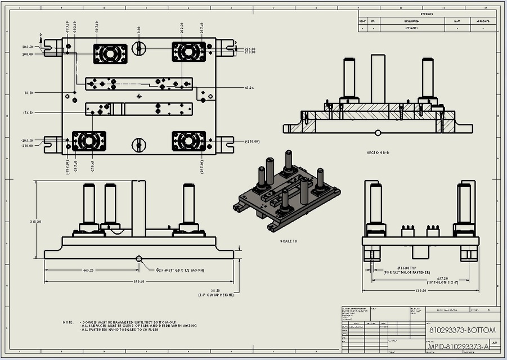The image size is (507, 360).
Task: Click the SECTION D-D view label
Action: [x=378, y=152]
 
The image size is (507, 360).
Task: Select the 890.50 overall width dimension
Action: [x=138, y=281]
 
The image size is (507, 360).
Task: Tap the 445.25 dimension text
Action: [x=87, y=270]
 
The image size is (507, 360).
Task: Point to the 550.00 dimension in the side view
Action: [x=420, y=291]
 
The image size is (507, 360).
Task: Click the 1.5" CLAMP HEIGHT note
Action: [x=216, y=294]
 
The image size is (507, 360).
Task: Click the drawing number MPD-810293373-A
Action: [x=459, y=346]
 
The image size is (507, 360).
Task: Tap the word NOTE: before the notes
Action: [x=68, y=322]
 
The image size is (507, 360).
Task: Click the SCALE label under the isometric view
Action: [x=289, y=241]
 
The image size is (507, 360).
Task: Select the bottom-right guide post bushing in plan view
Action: [x=189, y=141]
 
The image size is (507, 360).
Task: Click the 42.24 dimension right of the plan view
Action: [x=249, y=88]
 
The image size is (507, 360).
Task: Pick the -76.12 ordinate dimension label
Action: [x=28, y=112]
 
